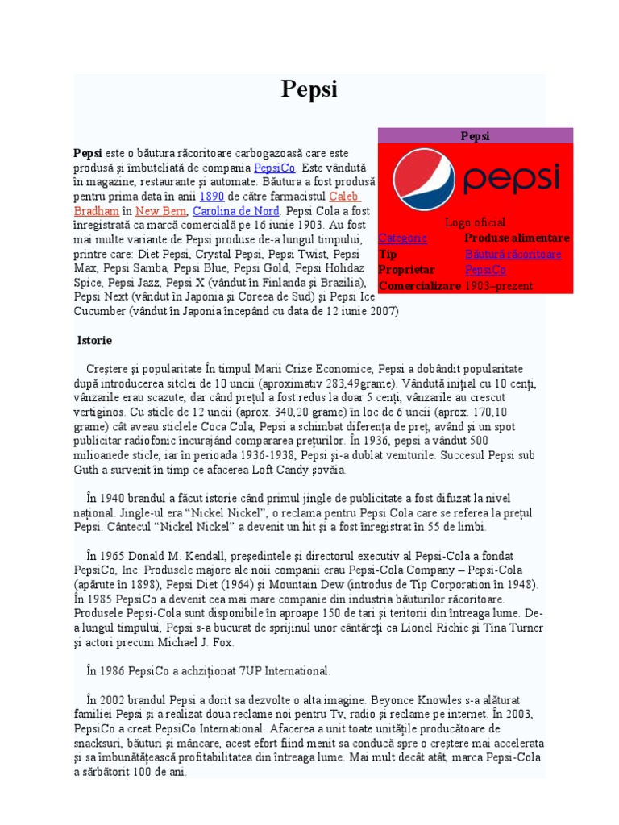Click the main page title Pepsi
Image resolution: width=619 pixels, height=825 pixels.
point(309,89)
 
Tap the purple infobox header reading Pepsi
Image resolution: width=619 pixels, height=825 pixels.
point(475,135)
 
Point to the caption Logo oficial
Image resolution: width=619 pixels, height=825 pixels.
point(475,222)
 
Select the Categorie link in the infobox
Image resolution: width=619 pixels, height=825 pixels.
point(403,238)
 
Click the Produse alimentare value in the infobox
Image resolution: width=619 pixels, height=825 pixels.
point(517,238)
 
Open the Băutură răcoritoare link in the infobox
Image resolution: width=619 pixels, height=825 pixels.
point(513,254)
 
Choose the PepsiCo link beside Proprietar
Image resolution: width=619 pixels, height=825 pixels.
point(485,270)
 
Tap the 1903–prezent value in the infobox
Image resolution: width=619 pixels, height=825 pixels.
point(499,286)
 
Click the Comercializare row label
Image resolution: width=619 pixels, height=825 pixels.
point(419,286)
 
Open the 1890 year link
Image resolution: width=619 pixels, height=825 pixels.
point(211,197)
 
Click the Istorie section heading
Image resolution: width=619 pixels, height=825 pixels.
point(94,341)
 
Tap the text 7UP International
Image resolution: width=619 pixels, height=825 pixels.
point(276,670)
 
